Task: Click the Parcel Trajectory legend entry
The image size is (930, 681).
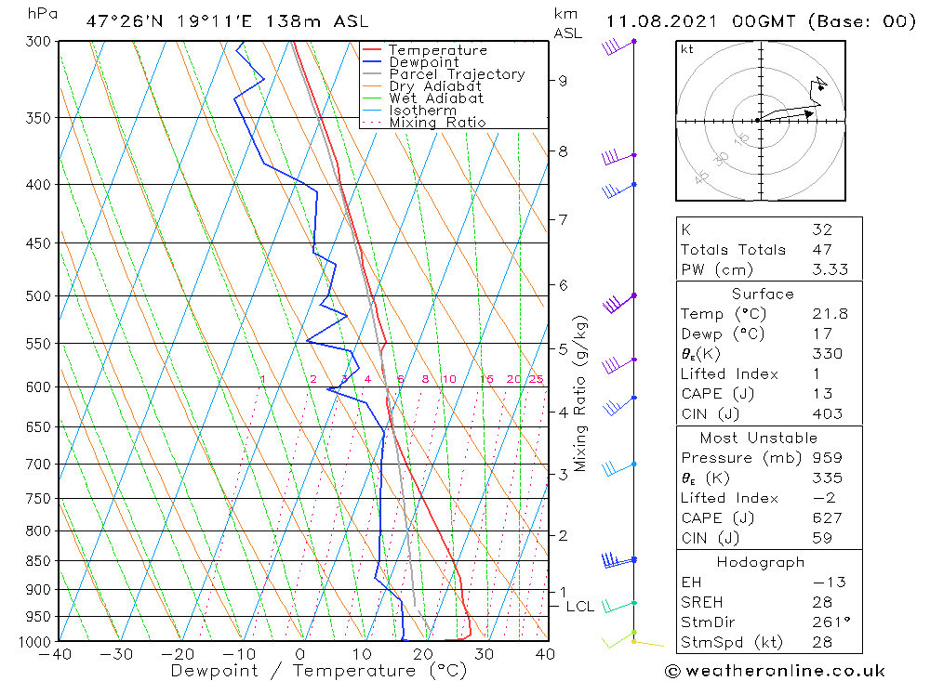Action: pos(456,74)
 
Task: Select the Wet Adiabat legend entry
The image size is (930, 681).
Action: pos(436,98)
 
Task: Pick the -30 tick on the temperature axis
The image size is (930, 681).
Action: pos(116,654)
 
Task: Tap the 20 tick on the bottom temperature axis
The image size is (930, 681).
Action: pos(422,654)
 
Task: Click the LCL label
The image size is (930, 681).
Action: pos(579,607)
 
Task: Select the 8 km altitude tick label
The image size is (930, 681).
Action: pos(564,151)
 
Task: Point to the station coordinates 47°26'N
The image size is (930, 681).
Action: pos(122,21)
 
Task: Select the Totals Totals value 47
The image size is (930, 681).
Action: pos(821,249)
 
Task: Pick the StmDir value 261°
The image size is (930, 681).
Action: pos(828,622)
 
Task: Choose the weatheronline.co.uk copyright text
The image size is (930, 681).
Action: pos(775,670)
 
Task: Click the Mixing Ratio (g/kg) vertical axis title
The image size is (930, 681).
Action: pos(580,393)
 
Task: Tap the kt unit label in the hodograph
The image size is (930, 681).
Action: pos(686,49)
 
